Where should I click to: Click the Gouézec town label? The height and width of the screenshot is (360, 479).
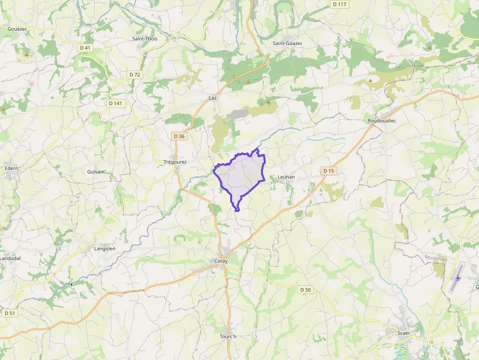click(17, 29)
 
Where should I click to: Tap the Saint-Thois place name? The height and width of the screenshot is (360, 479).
click(145, 39)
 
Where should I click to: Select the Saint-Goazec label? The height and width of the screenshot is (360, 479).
click(287, 43)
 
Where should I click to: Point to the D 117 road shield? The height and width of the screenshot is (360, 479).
click(339, 4)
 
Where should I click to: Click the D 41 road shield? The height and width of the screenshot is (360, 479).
click(85, 47)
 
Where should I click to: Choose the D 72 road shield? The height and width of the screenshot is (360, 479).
click(135, 74)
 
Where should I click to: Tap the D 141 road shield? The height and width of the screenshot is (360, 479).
click(116, 103)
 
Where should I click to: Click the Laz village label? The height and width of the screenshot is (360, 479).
click(213, 98)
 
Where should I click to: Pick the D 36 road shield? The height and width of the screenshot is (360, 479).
click(179, 136)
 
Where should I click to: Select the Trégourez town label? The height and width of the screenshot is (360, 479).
click(175, 162)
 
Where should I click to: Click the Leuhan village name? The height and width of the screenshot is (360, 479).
click(286, 177)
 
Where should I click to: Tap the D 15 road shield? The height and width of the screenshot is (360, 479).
click(329, 170)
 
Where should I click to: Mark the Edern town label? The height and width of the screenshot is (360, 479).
click(11, 169)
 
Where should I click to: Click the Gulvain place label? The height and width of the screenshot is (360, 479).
click(96, 172)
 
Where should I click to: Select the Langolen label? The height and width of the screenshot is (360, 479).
click(105, 249)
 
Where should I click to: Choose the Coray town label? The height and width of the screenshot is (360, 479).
click(221, 261)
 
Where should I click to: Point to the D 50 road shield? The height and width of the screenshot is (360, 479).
click(305, 290)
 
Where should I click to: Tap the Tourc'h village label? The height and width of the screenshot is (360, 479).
click(228, 337)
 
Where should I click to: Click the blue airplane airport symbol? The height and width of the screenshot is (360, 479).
click(458, 278)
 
